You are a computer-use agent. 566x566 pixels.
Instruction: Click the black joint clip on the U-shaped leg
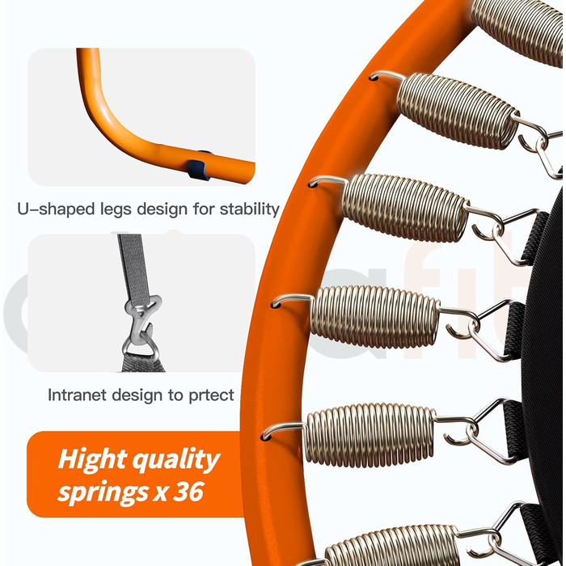point(196,168)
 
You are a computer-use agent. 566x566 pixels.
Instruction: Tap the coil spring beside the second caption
point(375,315)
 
